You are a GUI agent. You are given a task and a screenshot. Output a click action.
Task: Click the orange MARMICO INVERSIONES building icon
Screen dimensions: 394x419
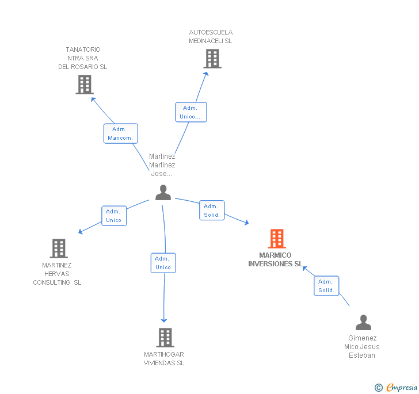coord(277,239)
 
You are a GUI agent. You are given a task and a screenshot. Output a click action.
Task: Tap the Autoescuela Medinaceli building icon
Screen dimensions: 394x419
coord(212,59)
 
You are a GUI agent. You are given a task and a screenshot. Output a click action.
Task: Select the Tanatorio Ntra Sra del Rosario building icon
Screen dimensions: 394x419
coord(85,85)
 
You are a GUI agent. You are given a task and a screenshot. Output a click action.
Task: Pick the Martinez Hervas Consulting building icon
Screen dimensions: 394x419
coord(59,248)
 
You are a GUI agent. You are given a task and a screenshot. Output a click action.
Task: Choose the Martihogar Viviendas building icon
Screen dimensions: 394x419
coord(165,338)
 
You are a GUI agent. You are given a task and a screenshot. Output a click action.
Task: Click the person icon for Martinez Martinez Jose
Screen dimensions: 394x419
coord(163,193)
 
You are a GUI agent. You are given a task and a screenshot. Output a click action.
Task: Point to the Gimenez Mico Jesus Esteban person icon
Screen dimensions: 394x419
coord(363,323)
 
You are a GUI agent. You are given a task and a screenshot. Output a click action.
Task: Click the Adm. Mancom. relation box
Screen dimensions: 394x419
coord(121,133)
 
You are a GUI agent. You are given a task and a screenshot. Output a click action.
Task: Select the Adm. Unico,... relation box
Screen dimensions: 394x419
coord(191,112)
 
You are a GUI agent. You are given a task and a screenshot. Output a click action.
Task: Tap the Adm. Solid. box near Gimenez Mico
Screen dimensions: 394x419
coord(326,286)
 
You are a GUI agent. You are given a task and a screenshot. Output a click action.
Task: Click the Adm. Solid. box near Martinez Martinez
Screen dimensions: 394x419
coord(212,211)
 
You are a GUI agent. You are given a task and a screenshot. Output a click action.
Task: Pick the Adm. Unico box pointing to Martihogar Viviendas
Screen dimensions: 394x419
coord(163,263)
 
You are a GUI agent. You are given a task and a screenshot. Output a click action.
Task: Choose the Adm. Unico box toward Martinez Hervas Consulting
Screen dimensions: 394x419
coord(113,216)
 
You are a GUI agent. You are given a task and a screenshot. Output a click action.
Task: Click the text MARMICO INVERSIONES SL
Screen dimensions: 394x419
coord(275,260)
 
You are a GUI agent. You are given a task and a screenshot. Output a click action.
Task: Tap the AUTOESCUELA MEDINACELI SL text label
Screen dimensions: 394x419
coord(211,37)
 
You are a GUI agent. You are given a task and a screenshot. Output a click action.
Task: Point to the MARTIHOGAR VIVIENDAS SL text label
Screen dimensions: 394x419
coord(164,358)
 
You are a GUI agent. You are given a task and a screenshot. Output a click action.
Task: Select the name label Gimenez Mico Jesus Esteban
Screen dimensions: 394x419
coord(362,347)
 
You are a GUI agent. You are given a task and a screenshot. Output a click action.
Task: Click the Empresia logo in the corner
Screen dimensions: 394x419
coord(396,388)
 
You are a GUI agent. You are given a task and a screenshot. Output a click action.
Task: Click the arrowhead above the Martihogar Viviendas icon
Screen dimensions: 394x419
coord(164,320)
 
